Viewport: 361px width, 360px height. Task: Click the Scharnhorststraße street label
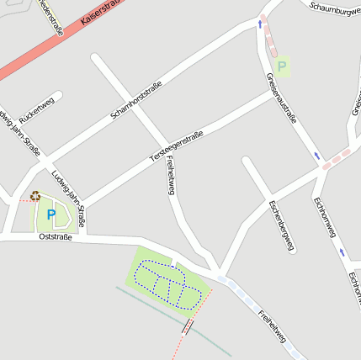tap(135, 101)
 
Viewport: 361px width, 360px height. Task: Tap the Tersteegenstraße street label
tap(177, 145)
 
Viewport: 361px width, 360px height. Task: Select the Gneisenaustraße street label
tap(281, 98)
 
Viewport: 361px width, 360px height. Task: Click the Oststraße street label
tap(56, 237)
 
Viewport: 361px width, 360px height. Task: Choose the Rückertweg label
tap(36, 113)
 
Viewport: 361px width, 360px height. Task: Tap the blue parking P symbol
tap(50, 214)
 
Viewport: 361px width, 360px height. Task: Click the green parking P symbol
tap(282, 64)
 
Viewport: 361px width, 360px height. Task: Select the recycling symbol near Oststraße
tap(35, 196)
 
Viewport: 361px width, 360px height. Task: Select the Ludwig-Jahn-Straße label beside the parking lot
tap(67, 199)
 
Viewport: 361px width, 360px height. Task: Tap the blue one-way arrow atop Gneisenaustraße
tap(259, 24)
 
